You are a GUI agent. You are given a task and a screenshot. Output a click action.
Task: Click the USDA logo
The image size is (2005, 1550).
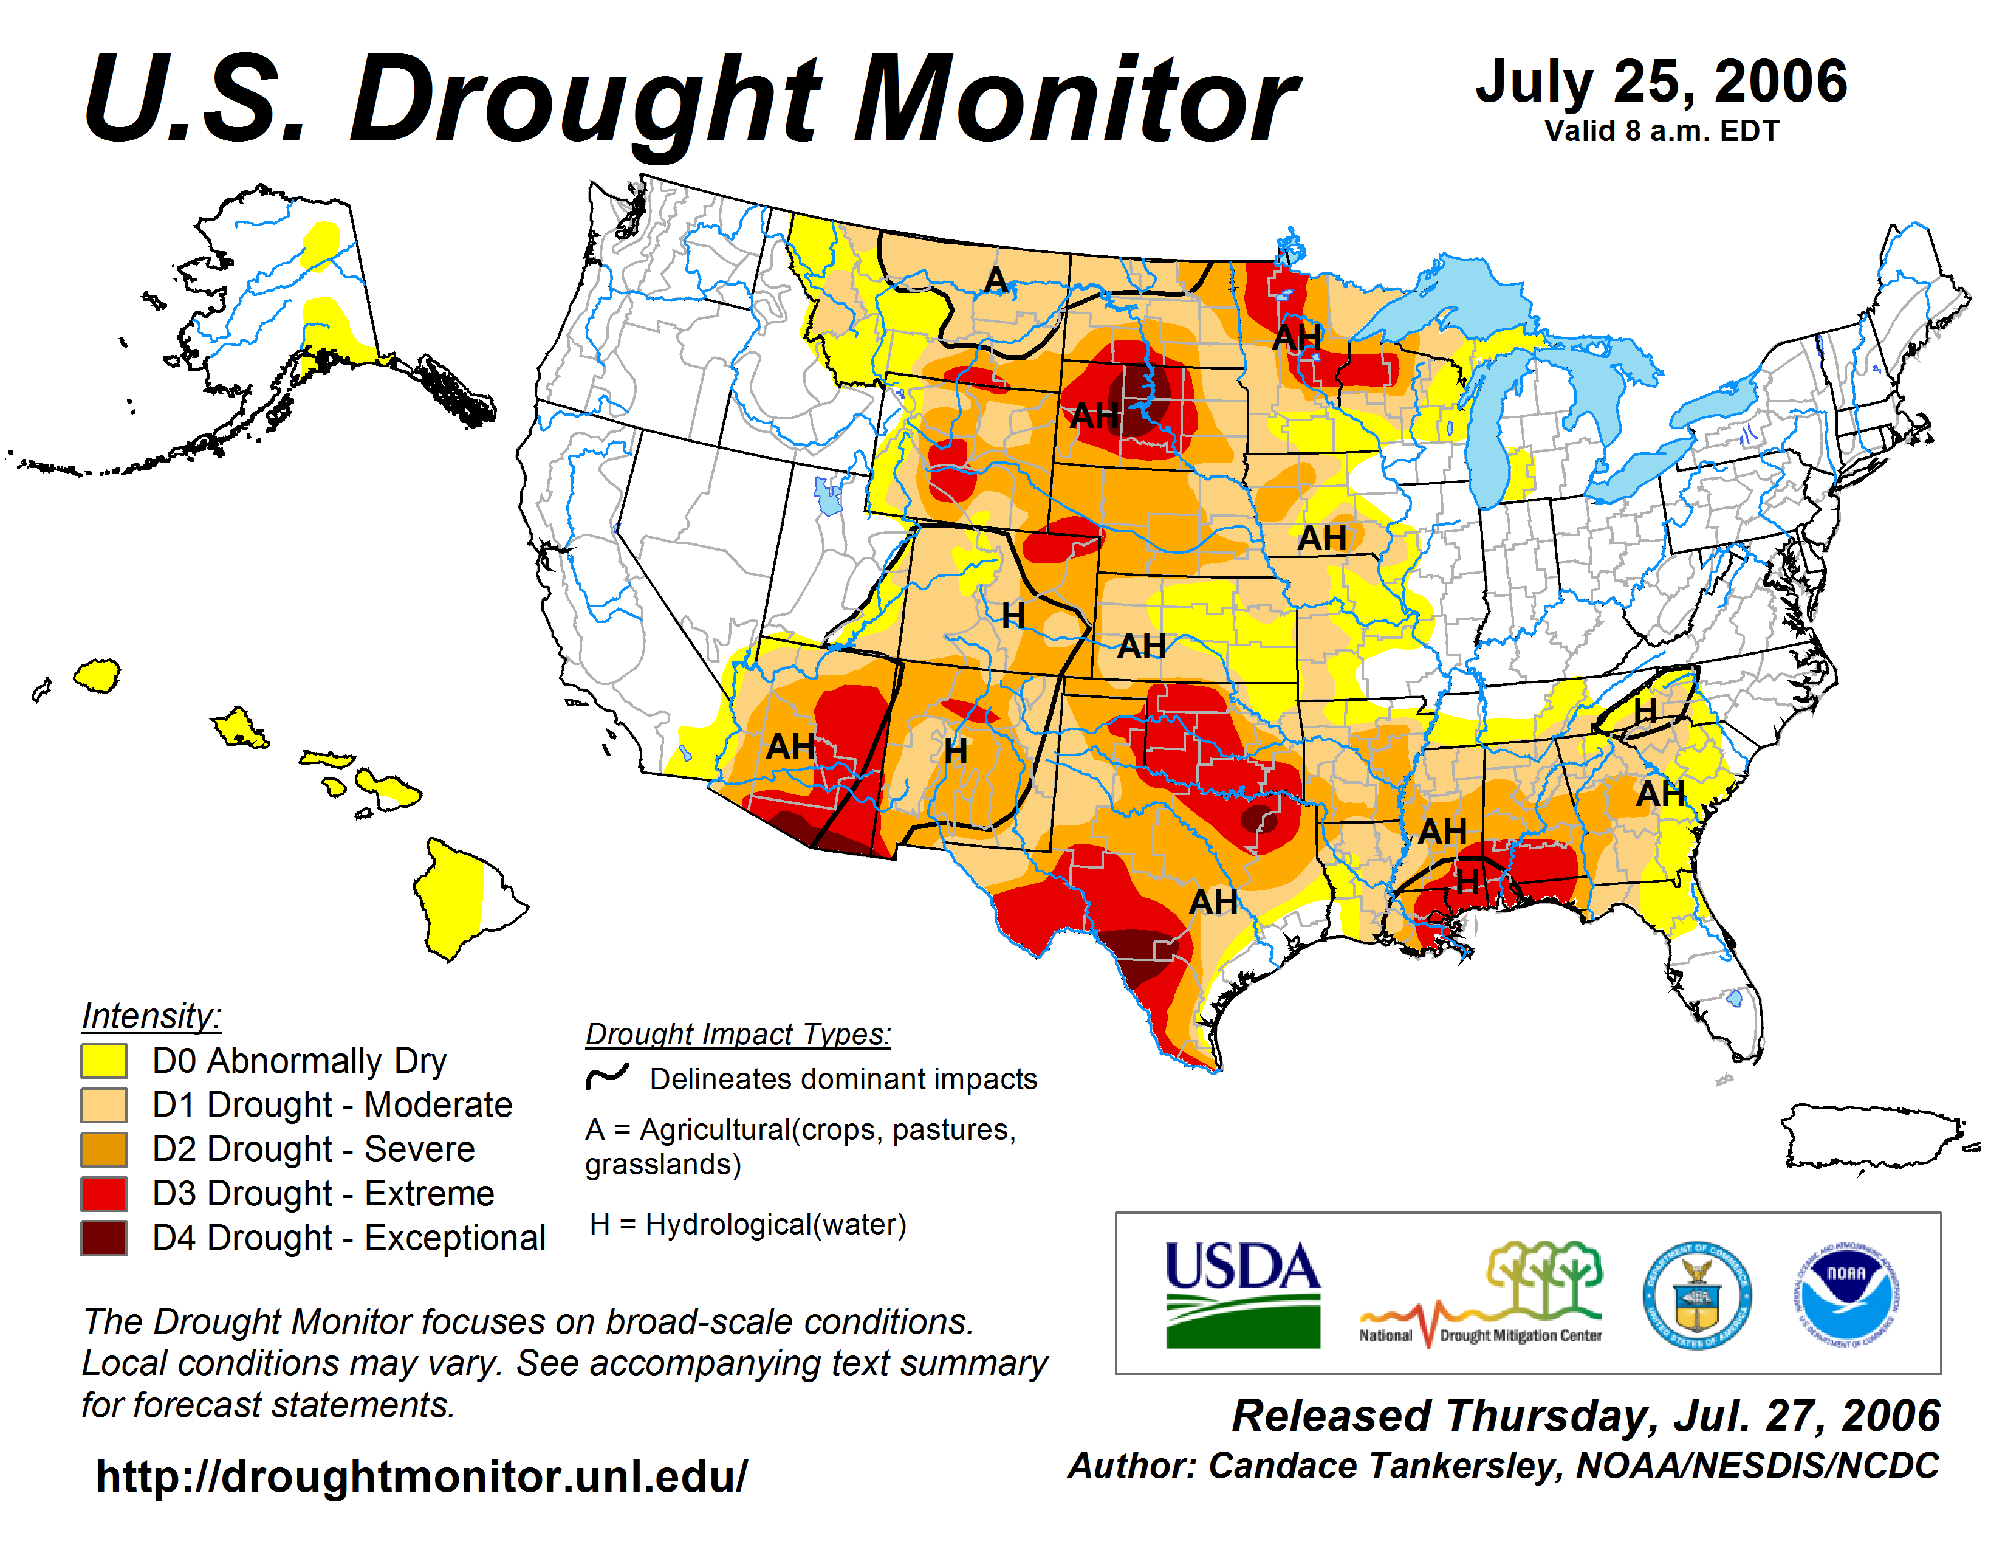click(1242, 1295)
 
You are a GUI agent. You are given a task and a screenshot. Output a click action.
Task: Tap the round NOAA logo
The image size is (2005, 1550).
click(1846, 1295)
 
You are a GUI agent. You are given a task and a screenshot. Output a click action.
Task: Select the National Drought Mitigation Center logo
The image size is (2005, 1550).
click(1481, 1295)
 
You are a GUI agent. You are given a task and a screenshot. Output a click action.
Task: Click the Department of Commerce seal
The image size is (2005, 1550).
click(1696, 1295)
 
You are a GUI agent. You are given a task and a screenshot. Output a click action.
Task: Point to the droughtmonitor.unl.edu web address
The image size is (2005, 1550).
click(422, 1476)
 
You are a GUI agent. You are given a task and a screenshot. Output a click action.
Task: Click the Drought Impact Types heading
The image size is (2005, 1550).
click(738, 1034)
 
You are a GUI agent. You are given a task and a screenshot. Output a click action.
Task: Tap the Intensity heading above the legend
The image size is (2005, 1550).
click(151, 1016)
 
